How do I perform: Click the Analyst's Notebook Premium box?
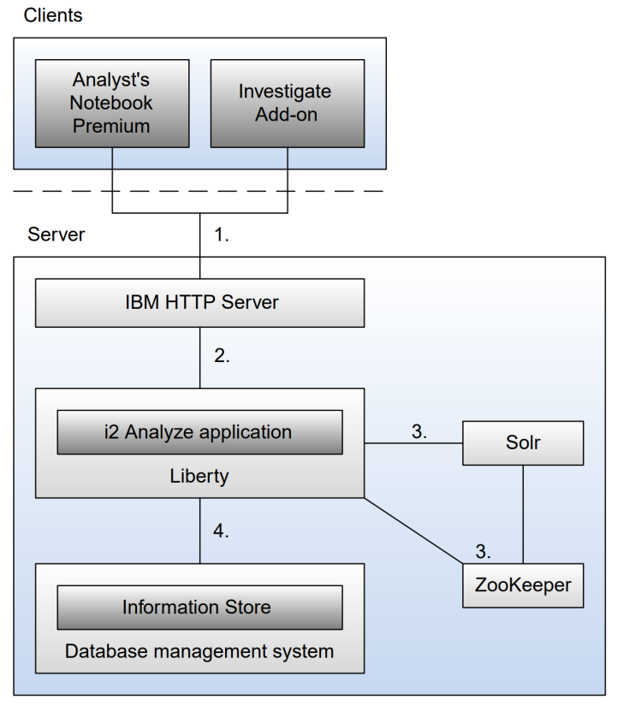click(112, 102)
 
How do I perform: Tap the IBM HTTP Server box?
click(199, 303)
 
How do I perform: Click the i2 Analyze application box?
click(199, 432)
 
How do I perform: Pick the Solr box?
click(523, 442)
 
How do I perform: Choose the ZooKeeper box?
click(523, 585)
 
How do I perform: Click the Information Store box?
click(199, 608)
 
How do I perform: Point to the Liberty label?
click(199, 476)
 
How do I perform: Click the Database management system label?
click(199, 651)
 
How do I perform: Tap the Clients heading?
click(53, 15)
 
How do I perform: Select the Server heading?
click(56, 234)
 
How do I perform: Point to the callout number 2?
click(222, 357)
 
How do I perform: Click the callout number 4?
click(222, 531)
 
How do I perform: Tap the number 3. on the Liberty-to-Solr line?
click(419, 432)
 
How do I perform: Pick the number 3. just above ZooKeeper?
click(483, 550)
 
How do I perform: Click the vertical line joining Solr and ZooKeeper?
click(523, 513)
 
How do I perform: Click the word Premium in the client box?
click(112, 125)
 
